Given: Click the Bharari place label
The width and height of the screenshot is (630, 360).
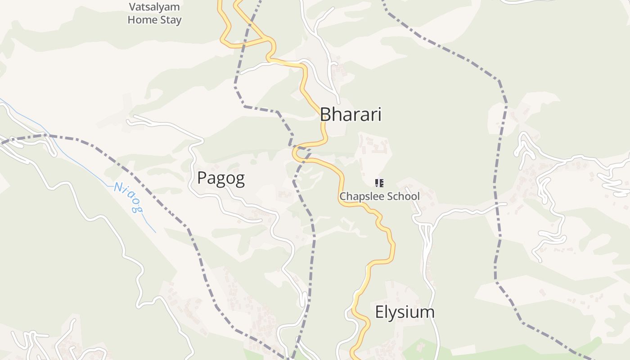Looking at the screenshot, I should [351, 115].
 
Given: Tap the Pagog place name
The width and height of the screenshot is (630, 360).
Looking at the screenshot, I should [221, 178].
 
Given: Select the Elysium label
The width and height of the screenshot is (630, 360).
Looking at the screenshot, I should [405, 312].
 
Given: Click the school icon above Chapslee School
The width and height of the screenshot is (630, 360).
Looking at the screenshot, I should [379, 183].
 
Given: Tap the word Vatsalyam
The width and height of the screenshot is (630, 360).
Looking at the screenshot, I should [154, 7].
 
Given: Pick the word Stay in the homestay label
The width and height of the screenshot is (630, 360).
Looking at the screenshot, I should [172, 20].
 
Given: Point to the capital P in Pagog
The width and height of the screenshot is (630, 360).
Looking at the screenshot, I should [202, 178].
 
